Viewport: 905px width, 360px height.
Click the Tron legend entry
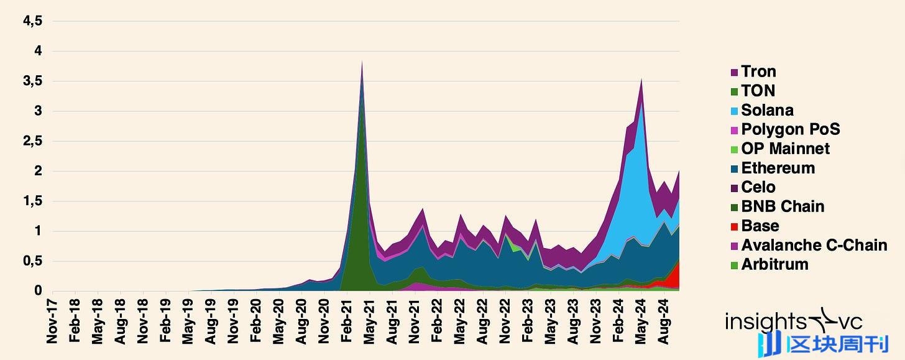758,72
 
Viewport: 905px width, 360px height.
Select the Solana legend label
767,111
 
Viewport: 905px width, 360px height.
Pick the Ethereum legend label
778,168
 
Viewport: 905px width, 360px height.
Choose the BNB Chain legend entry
783,207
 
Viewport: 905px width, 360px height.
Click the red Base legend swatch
734,226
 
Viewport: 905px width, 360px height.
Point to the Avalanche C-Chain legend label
814,246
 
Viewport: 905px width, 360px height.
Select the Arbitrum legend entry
774,265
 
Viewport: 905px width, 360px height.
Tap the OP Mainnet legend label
785,149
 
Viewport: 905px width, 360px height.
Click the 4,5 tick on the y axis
32,21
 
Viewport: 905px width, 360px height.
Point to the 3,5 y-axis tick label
32,81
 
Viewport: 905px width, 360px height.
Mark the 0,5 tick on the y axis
32,261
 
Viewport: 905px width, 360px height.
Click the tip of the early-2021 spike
362,63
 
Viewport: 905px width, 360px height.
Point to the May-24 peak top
641,80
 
